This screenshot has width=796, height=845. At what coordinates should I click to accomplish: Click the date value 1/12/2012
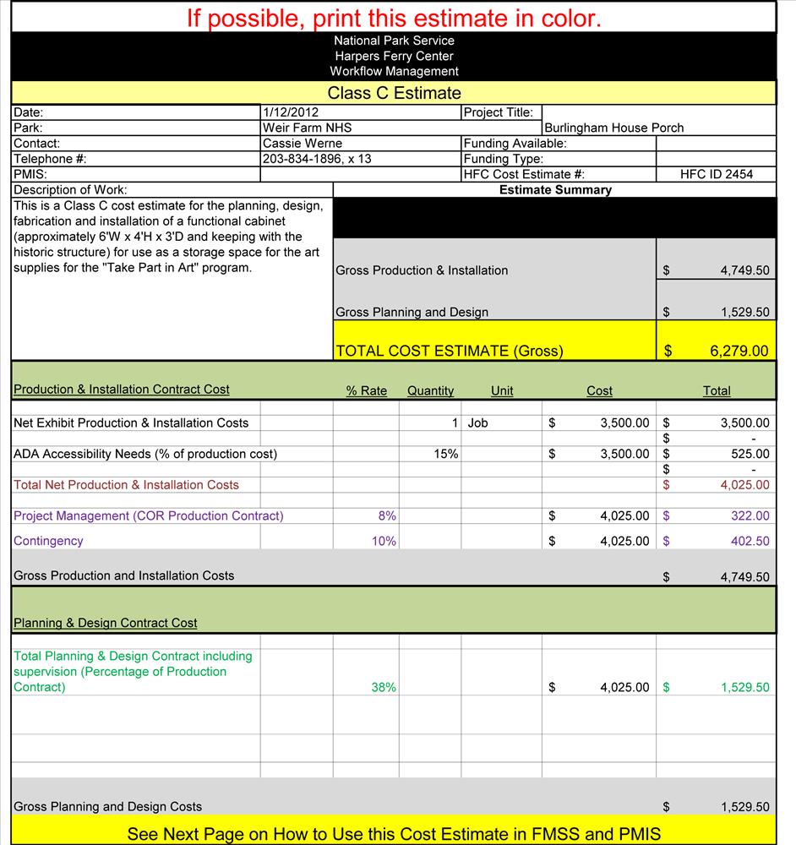pos(291,112)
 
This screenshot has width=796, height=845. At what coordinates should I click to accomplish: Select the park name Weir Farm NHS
pos(307,128)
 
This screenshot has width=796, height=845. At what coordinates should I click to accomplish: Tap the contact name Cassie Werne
pos(303,144)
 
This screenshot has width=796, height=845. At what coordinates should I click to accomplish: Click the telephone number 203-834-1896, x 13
pos(317,159)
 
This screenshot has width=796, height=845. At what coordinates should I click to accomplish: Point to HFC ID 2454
pos(716,174)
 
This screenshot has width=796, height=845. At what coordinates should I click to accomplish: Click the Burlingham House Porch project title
pos(613,128)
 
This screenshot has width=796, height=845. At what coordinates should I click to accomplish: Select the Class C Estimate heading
pos(394,93)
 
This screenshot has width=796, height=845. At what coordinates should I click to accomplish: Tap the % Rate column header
pos(366,390)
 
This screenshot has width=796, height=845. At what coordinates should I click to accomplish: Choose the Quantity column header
pos(430,390)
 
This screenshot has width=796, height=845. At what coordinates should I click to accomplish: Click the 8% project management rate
pos(387,515)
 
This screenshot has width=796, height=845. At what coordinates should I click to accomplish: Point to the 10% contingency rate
pos(384,541)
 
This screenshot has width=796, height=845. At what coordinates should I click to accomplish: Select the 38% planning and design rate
pos(384,687)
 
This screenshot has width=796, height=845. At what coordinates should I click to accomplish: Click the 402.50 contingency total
pos(750,541)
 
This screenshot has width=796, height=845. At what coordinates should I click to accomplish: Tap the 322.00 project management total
pos(750,515)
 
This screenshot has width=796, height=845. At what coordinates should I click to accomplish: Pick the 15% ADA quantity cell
pos(446,454)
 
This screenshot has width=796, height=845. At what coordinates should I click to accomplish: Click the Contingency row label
pos(48,541)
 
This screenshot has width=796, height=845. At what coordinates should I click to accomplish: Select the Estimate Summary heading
pos(555,190)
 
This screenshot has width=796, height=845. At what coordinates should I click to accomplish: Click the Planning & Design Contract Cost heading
pos(106,623)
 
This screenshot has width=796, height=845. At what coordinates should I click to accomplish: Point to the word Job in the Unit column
pos(477,422)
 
